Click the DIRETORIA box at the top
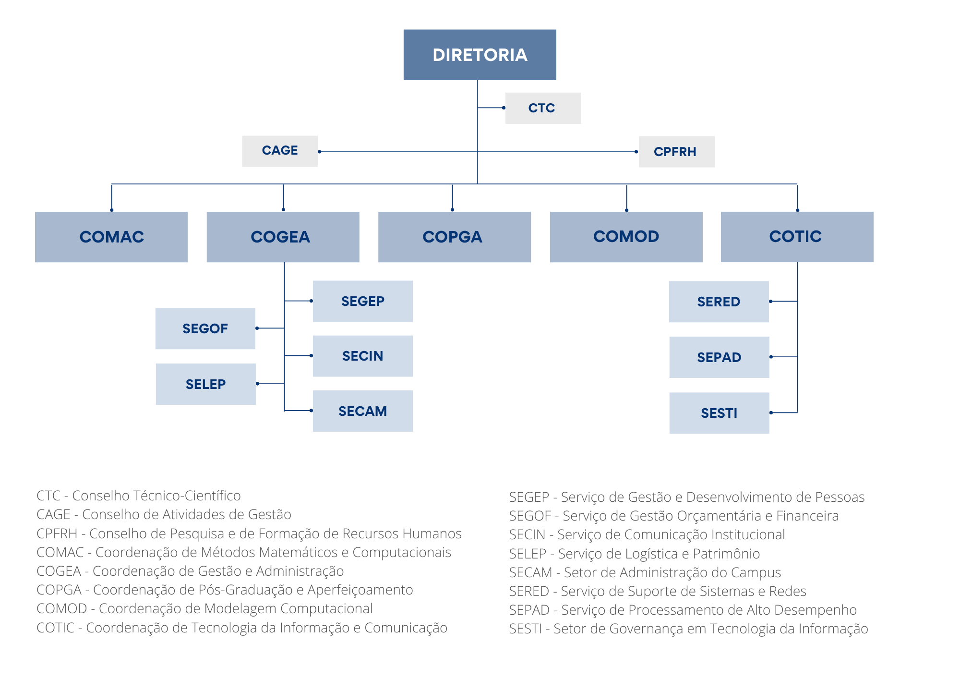coord(480,55)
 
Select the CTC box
coord(543,108)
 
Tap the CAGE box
coord(280,151)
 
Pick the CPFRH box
coord(676,152)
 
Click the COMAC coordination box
coord(111,237)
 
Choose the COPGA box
coord(454,237)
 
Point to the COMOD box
coord(626,237)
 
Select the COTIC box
coord(797,237)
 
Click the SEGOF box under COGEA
coord(205,328)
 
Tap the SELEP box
coord(205,384)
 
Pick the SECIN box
coord(363,356)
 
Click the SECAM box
coord(363,411)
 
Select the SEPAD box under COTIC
coord(719,357)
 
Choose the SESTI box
coord(719,413)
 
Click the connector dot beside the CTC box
coord(504,108)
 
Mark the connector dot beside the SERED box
coord(770,302)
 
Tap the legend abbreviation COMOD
coord(62,608)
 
